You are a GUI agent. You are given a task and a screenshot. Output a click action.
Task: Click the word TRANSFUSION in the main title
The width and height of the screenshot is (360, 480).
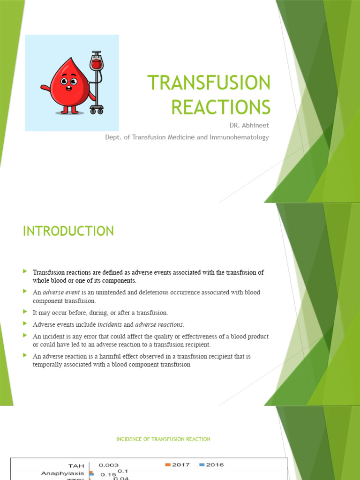pyautogui.click(x=209, y=83)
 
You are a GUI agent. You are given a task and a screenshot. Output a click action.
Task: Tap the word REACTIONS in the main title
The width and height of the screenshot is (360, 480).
pyautogui.click(x=221, y=107)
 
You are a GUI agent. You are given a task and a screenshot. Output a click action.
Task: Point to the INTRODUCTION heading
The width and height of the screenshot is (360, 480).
pyautogui.click(x=68, y=231)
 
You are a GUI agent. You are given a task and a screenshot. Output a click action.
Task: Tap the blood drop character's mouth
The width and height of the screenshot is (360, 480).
pyautogui.click(x=69, y=90)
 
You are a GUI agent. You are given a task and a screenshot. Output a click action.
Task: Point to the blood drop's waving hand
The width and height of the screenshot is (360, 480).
pyautogui.click(x=45, y=87)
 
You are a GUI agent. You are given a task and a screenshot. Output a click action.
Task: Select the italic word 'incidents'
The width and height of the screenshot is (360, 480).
pyautogui.click(x=109, y=324)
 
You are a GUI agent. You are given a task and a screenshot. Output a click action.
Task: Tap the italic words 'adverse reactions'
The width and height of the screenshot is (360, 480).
pyautogui.click(x=159, y=324)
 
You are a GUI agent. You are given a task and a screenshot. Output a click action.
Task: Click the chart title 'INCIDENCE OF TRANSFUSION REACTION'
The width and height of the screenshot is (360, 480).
pyautogui.click(x=163, y=439)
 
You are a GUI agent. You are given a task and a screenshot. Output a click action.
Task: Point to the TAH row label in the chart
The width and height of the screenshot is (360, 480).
pyautogui.click(x=77, y=465)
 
